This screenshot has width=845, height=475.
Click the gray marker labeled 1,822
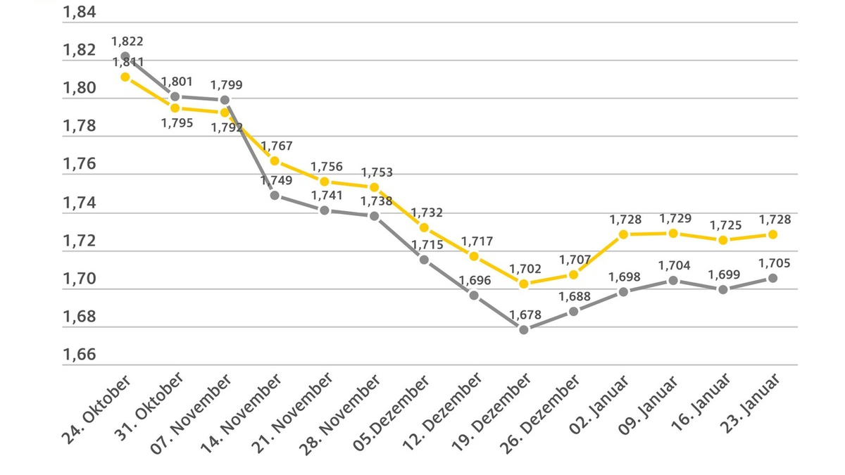point(125,56)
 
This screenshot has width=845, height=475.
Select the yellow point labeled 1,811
point(125,77)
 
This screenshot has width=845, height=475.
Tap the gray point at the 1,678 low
point(524,329)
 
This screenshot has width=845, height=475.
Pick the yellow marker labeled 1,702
point(524,284)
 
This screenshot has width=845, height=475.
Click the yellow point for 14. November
point(275,160)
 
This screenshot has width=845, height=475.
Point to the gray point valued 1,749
point(275,195)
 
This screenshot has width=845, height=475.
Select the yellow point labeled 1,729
point(673,233)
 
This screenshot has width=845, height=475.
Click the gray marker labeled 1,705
point(772,278)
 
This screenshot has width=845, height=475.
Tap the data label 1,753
point(377,172)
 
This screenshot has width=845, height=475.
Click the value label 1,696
point(476,280)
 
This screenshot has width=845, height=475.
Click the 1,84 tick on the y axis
point(80,13)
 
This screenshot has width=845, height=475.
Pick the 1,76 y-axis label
point(80,165)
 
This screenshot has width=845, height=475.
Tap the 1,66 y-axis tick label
point(80,355)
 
